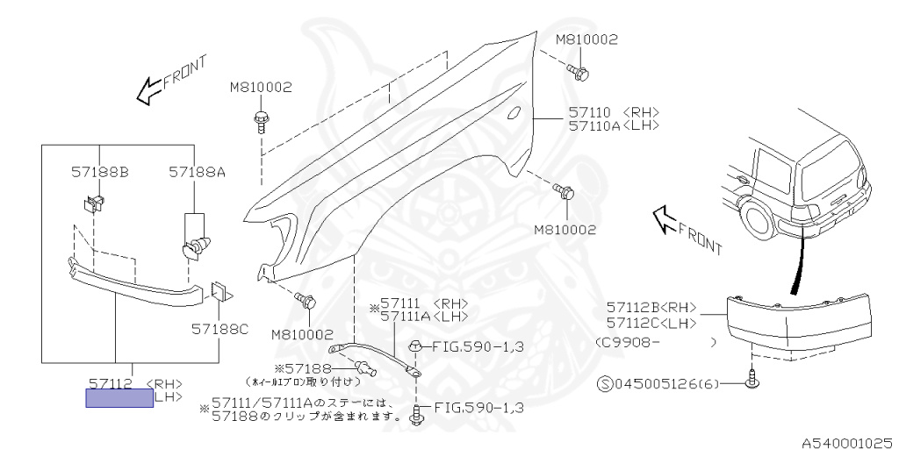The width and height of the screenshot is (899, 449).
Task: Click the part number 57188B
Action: click(99, 173)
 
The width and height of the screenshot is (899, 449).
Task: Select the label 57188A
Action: click(197, 173)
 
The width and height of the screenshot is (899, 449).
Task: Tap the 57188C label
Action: click(220, 329)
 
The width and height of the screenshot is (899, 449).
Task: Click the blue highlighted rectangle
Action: click(119, 398)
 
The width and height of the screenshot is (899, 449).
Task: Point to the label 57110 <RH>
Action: click(613, 112)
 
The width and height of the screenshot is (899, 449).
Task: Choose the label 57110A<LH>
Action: click(613, 125)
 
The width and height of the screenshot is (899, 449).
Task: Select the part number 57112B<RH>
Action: click(651, 308)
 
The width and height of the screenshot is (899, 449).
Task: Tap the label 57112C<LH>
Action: click(651, 322)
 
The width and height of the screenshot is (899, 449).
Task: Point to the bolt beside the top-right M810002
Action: click(578, 71)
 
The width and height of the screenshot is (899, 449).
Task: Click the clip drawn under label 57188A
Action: click(195, 246)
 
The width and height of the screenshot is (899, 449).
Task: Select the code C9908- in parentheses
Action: click(628, 342)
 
